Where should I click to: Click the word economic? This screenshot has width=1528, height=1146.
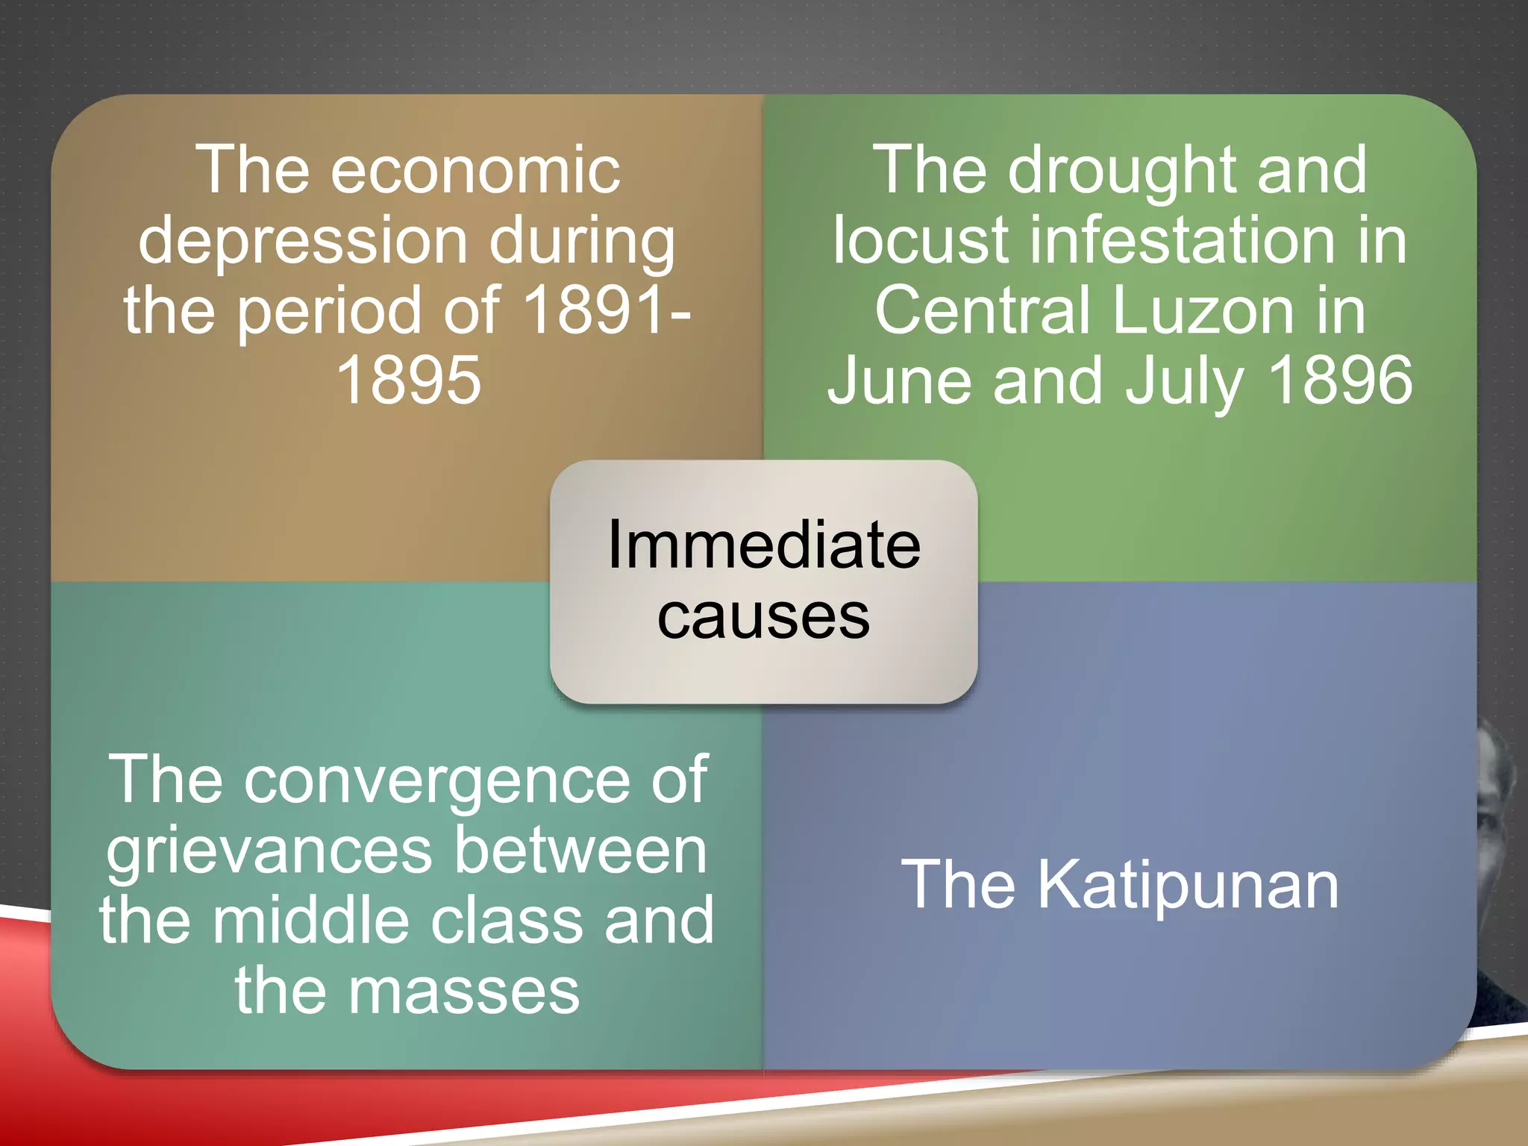475,170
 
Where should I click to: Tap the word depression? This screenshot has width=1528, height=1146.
303,240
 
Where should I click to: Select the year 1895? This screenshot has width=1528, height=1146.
408,380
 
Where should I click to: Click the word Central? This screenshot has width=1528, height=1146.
981,310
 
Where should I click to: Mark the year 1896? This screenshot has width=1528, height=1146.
1340,380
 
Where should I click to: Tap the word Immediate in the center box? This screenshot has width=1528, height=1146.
763,545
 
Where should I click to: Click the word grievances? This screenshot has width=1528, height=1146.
269,851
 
